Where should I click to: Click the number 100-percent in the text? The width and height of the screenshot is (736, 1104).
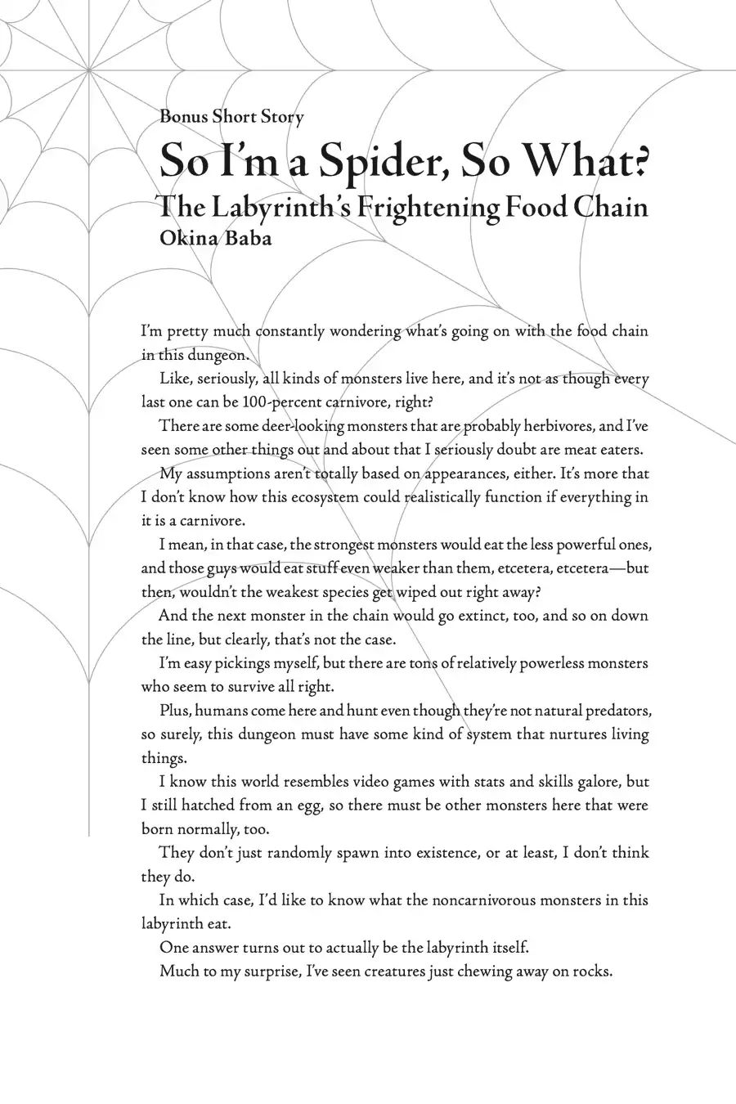298,402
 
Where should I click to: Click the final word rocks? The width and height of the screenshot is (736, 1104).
591,972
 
